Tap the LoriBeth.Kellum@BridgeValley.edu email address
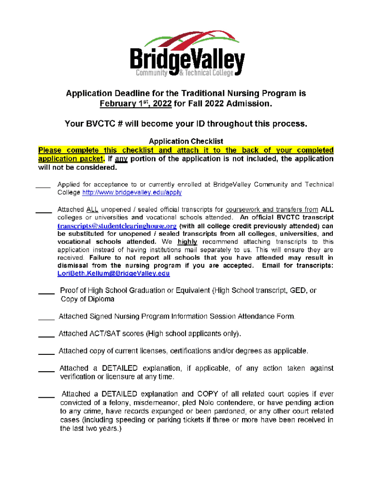coord(114,273)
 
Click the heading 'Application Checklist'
coord(186,141)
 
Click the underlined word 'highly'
coord(187,242)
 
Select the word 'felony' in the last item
coord(116,403)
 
